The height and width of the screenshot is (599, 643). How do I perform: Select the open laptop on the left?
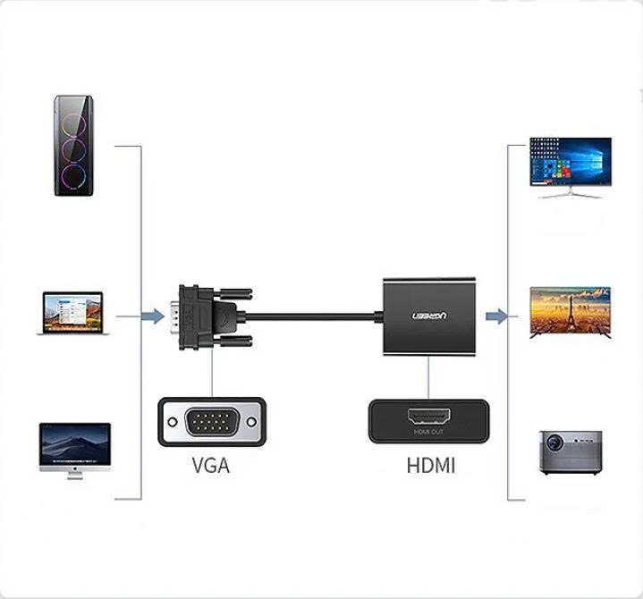tap(73, 312)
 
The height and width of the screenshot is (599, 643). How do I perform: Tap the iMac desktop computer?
tap(75, 451)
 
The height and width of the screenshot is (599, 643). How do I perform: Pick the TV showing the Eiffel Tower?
tap(571, 311)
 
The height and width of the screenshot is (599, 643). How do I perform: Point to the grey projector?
tap(571, 452)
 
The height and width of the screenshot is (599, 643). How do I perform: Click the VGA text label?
tap(210, 466)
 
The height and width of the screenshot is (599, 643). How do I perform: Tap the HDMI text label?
tap(430, 466)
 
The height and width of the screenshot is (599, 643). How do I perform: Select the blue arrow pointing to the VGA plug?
tap(154, 316)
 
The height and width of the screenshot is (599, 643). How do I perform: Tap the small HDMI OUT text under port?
tap(428, 433)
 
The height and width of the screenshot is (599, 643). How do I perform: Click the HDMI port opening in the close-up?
tap(428, 417)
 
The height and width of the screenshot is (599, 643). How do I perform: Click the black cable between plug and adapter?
tap(313, 316)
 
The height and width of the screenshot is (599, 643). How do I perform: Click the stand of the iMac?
tap(75, 476)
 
